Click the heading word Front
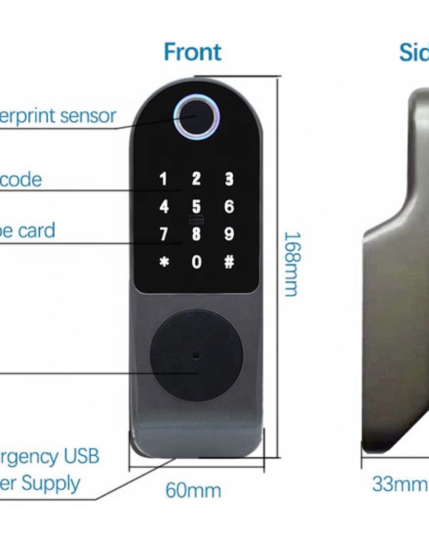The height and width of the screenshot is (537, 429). click(x=192, y=52)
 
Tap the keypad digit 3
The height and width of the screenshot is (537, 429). click(x=229, y=179)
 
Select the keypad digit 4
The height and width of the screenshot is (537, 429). click(x=164, y=207)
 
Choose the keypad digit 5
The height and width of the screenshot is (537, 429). click(x=196, y=207)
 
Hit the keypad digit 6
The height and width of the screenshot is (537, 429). click(x=229, y=207)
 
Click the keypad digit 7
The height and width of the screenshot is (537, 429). click(x=164, y=234)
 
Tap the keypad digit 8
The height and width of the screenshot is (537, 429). click(x=196, y=234)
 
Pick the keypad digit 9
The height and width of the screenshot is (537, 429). click(x=229, y=234)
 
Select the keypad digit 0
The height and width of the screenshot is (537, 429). click(x=196, y=262)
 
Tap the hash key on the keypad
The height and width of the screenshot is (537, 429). click(x=229, y=262)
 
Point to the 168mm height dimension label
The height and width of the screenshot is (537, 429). click(x=291, y=264)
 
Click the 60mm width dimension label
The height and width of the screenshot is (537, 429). click(x=193, y=491)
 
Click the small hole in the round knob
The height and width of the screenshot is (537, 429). click(x=196, y=355)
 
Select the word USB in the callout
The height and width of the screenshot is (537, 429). click(x=81, y=456)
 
